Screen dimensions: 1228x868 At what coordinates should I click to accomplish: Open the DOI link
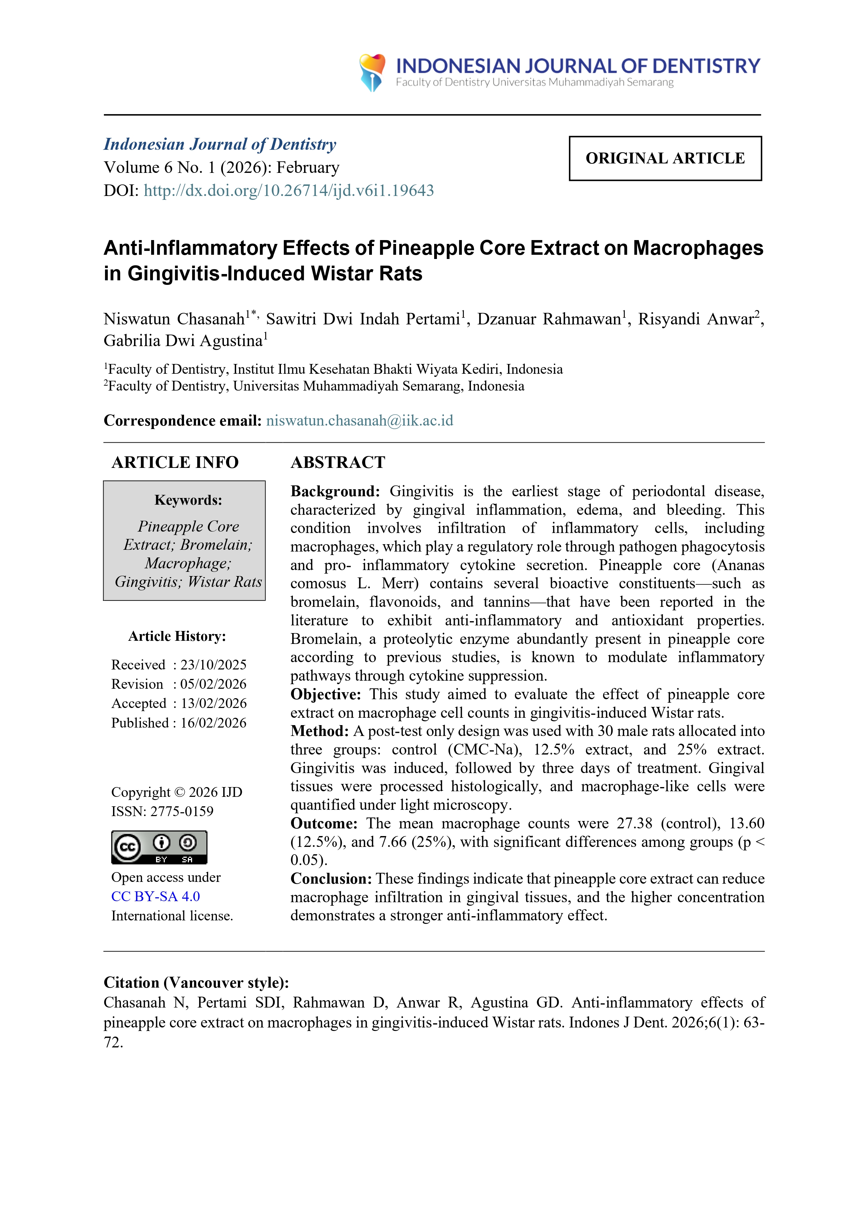[288, 190]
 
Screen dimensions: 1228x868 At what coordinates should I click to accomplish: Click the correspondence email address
[359, 420]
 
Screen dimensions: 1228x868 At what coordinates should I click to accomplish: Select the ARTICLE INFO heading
[175, 462]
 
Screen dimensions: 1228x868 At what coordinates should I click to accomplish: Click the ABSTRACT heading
[338, 462]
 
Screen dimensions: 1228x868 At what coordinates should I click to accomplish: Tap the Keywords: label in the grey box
[188, 500]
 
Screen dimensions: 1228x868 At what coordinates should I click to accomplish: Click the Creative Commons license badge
[159, 847]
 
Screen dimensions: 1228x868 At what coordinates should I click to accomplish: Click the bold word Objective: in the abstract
[325, 694]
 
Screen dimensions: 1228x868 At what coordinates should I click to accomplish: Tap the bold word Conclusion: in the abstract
[331, 879]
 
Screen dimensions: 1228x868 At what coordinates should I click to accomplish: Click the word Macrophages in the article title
[698, 248]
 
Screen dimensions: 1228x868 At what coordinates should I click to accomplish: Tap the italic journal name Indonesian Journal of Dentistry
[220, 145]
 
